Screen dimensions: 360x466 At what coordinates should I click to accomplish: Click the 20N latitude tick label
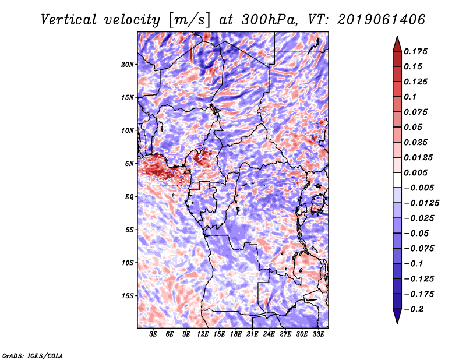128,64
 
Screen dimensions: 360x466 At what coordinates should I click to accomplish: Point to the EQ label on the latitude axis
129,196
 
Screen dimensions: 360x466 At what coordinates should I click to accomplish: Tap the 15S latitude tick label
128,295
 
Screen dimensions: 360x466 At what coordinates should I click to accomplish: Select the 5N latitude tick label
129,163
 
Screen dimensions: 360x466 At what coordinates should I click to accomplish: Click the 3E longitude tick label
154,334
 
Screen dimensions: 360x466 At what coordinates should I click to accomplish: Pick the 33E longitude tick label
318,334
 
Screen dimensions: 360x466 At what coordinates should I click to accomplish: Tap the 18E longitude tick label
236,334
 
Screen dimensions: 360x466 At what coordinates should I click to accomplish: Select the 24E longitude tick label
269,334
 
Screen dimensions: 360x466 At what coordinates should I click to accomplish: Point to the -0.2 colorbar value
414,308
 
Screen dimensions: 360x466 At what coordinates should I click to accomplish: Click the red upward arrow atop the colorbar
397,42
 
